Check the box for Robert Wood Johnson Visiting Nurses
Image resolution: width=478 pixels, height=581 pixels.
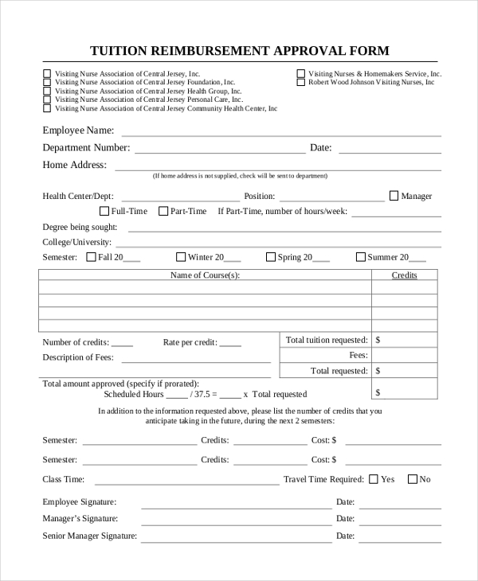point(301,82)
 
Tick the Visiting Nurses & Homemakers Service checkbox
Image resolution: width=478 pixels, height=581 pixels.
point(301,73)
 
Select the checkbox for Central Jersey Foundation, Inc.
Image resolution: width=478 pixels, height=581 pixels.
point(47,82)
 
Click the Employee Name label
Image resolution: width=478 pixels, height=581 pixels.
point(78,130)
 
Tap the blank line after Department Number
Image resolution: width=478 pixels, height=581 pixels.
point(220,148)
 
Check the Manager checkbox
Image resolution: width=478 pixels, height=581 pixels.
point(394,195)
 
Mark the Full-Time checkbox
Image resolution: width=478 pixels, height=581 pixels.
point(104,211)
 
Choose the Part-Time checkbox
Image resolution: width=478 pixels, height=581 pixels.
point(163,211)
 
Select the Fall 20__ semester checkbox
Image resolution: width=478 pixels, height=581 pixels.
point(91,257)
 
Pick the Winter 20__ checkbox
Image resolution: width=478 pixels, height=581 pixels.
point(181,257)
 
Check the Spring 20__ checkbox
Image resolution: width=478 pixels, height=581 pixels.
point(271,257)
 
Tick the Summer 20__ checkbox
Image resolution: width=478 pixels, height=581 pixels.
point(360,257)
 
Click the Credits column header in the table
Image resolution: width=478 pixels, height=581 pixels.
point(404,275)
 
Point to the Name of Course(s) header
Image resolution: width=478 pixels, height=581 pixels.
point(205,275)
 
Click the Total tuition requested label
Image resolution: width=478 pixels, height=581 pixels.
point(327,340)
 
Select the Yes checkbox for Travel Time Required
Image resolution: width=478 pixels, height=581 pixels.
point(374,479)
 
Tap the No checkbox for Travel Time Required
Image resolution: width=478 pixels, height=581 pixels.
point(412,479)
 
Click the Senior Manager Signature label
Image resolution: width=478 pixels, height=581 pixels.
point(89,536)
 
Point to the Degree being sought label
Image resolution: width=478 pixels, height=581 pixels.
point(80,227)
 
